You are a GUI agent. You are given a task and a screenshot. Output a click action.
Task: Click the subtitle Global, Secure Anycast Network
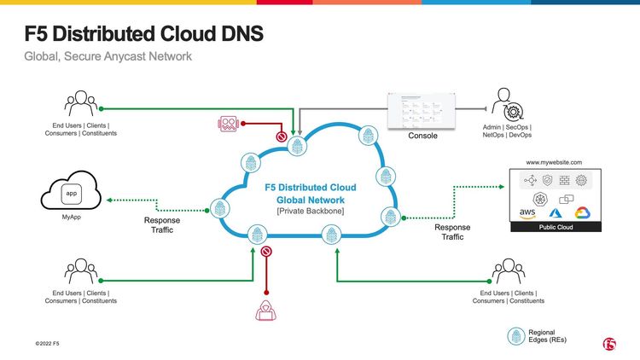tap(108, 57)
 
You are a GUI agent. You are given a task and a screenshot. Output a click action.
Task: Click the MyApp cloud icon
tap(72, 194)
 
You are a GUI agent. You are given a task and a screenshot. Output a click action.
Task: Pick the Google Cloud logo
tap(582, 213)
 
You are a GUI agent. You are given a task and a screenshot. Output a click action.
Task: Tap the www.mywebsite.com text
tap(554, 162)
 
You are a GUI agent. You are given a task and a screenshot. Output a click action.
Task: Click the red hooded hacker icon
tap(266, 309)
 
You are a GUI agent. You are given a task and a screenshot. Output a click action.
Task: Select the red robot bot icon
tap(228, 124)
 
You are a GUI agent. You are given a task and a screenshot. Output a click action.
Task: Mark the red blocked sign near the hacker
tap(266, 252)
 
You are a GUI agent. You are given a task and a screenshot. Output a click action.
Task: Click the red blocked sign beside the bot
tap(280, 136)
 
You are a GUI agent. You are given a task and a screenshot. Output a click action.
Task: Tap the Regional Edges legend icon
tap(515, 335)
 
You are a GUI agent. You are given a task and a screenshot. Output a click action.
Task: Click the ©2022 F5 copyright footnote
tap(47, 343)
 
